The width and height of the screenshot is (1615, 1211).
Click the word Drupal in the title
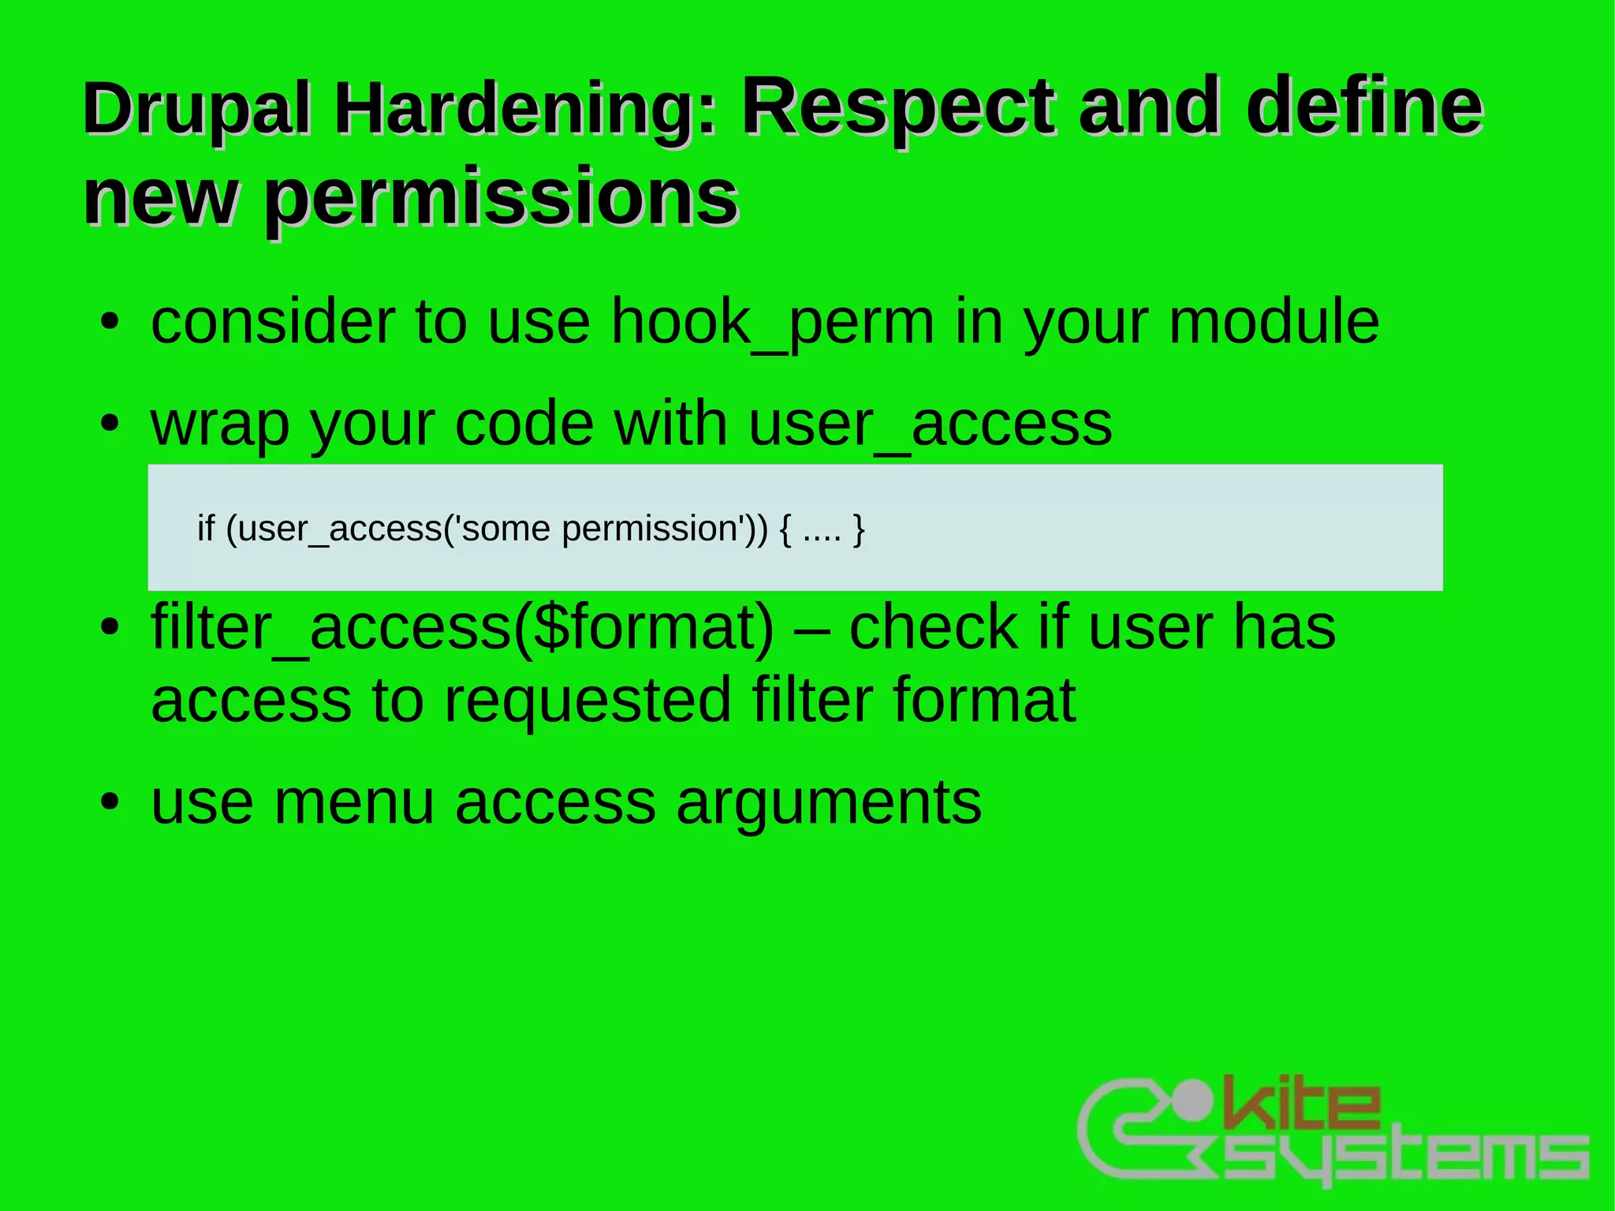point(197,110)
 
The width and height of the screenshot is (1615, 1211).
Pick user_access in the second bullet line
point(931,424)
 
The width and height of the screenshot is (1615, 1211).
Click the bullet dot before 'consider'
point(110,323)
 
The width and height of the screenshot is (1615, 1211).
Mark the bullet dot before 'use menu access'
point(110,803)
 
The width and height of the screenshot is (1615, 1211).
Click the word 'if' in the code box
point(206,528)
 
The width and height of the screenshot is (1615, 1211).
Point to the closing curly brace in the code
point(859,529)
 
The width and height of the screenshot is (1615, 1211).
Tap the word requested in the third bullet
point(587,700)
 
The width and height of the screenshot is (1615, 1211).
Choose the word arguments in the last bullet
point(829,803)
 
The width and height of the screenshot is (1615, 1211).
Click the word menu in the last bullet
point(354,803)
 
